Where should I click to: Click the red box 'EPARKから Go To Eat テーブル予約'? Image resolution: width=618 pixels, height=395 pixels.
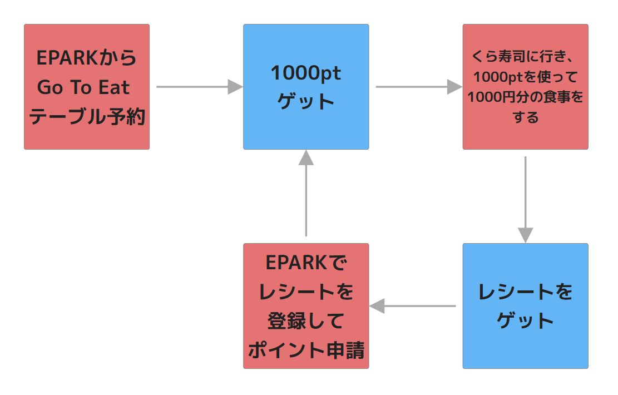(x=86, y=86)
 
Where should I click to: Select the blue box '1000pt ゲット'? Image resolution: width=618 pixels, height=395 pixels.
(x=306, y=86)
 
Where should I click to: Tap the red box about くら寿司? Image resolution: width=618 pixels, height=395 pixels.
(x=525, y=86)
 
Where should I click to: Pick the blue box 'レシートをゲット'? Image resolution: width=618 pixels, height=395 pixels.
(x=525, y=305)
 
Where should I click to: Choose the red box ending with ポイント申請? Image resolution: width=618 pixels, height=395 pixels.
(x=306, y=305)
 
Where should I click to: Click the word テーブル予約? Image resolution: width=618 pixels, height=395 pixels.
(x=87, y=117)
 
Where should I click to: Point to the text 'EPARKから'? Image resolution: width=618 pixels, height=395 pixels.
(x=87, y=57)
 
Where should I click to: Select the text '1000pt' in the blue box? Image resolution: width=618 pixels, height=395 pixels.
(x=306, y=73)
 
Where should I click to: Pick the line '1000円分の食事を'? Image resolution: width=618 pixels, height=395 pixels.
(x=525, y=97)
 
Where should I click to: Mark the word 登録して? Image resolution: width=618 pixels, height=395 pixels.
(x=306, y=321)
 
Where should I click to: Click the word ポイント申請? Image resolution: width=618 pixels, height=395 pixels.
(x=306, y=350)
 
